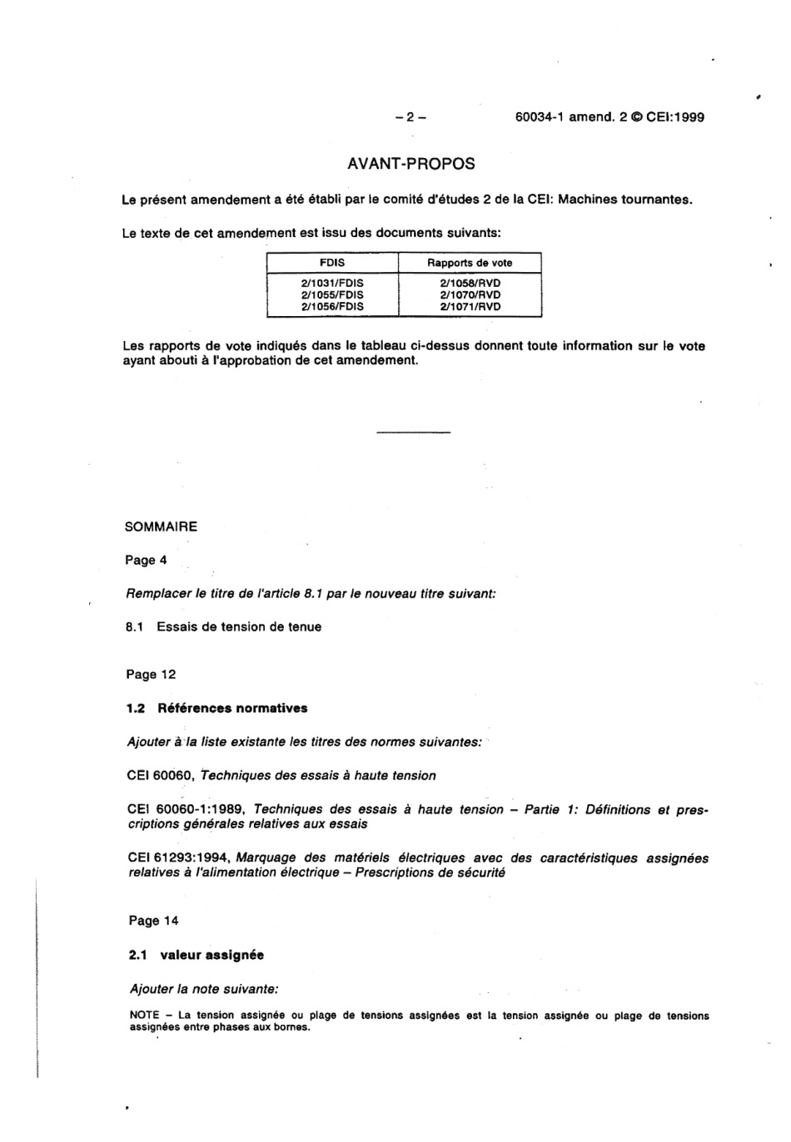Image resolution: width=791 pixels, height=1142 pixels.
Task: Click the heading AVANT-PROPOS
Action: coord(410,164)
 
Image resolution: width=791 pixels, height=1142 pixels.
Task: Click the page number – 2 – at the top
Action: coord(410,117)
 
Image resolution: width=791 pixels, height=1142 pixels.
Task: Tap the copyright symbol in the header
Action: coord(636,117)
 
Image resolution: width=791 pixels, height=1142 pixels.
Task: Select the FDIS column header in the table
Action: coord(332,263)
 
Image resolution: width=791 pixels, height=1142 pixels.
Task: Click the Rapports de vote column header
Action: coord(470,263)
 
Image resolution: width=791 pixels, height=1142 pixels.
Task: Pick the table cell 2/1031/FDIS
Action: coord(332,283)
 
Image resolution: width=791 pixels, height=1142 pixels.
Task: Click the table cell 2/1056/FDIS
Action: coord(332,306)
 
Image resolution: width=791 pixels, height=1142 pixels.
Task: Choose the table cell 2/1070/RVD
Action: coord(470,294)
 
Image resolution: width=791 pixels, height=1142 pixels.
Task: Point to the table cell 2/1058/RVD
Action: coord(470,283)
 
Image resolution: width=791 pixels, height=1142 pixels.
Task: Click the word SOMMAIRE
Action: coord(161,527)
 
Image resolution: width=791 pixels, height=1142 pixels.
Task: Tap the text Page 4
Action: coord(146,561)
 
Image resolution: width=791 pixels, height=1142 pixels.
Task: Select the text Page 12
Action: coord(151,675)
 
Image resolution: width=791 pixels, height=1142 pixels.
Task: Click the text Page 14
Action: coord(153,921)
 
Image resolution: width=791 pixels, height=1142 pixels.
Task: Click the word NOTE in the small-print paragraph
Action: coord(145,1016)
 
